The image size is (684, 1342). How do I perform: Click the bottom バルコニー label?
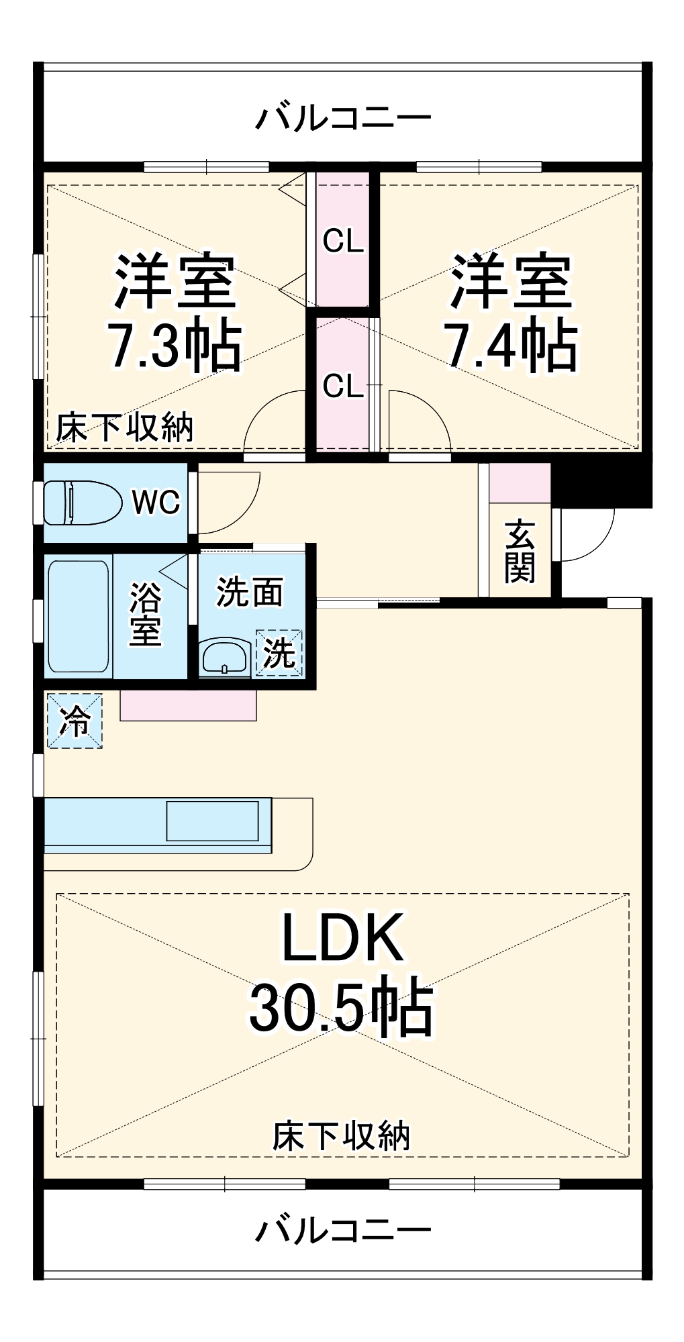[342, 1230]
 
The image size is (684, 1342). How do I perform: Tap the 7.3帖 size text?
[175, 346]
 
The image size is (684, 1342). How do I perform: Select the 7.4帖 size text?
[511, 346]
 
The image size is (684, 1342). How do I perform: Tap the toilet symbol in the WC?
[81, 502]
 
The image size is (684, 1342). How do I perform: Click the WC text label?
[156, 502]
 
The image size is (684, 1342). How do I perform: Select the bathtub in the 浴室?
[78, 616]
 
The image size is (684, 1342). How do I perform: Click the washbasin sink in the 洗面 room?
[225, 656]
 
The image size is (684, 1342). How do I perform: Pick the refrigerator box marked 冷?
[75, 721]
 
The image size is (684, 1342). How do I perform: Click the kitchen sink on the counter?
[212, 820]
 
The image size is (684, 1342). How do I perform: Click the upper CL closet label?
[343, 242]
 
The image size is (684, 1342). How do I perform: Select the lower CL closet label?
[343, 386]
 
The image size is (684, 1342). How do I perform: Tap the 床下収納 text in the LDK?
[341, 1135]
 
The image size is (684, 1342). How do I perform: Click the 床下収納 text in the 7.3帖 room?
[125, 427]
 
